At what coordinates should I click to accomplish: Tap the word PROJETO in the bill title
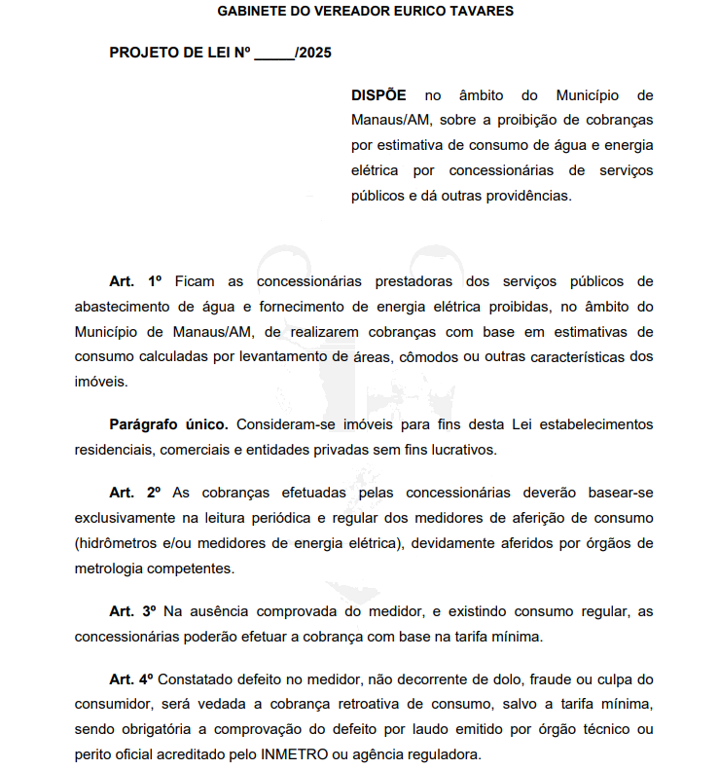[x=142, y=53]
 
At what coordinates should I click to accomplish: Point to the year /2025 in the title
[x=313, y=53]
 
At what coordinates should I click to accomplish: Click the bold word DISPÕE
[x=378, y=95]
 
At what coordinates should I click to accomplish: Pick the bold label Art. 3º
[x=132, y=610]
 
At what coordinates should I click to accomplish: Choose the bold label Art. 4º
[x=132, y=678]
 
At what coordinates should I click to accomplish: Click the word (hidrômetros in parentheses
[x=115, y=541]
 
